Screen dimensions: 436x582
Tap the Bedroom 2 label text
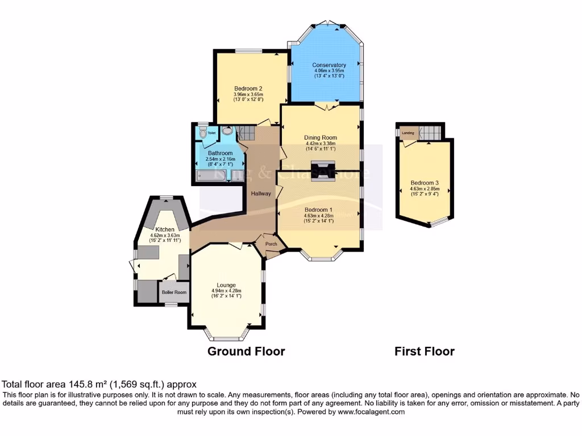(x=248, y=89)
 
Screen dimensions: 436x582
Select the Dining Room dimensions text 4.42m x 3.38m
(x=321, y=144)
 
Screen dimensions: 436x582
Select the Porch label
(x=272, y=245)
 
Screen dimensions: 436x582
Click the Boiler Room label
(x=174, y=292)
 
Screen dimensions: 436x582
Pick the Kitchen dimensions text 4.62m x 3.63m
(x=165, y=236)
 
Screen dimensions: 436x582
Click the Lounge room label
(x=226, y=285)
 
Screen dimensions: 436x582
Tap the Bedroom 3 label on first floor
(x=425, y=183)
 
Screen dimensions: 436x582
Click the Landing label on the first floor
(x=408, y=133)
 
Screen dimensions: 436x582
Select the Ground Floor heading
(x=246, y=351)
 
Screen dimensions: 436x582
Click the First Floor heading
(x=425, y=351)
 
